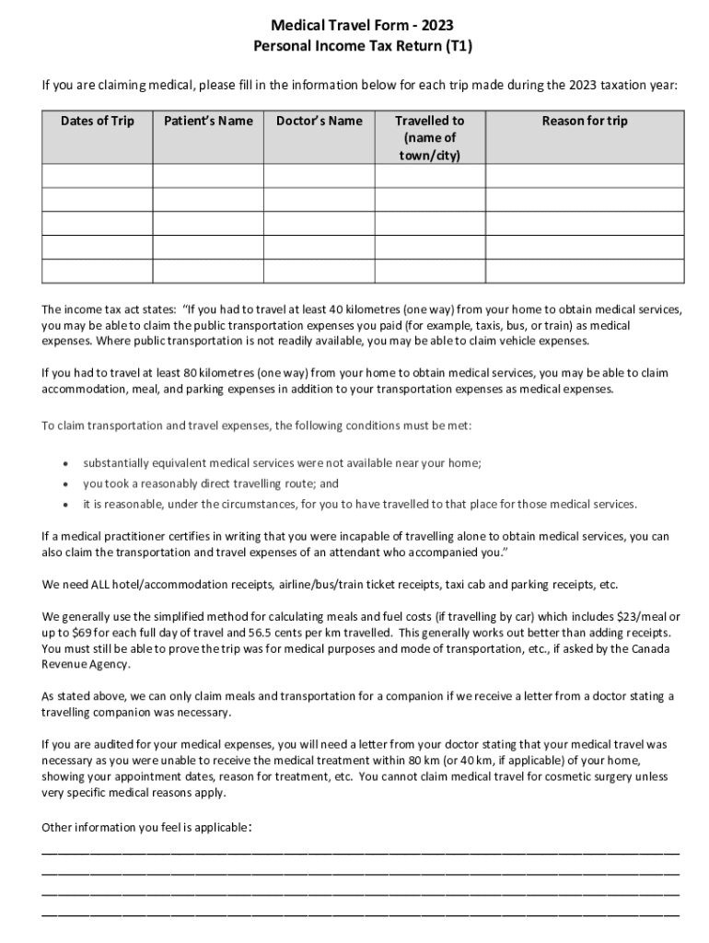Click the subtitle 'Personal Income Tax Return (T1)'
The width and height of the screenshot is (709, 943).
tap(354, 45)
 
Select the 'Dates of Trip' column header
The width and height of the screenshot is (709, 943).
tap(97, 121)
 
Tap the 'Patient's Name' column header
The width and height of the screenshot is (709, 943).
tap(208, 121)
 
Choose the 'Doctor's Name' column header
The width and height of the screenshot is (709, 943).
tap(320, 121)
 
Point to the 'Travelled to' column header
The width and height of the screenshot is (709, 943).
tap(429, 121)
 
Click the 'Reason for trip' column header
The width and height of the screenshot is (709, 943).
tap(585, 121)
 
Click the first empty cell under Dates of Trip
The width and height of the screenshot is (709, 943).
tap(97, 176)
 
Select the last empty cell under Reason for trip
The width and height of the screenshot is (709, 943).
tap(585, 271)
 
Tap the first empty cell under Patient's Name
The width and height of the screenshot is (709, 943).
tap(208, 176)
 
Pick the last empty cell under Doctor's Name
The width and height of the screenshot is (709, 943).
tap(320, 271)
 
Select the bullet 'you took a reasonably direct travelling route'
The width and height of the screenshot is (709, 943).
tap(211, 483)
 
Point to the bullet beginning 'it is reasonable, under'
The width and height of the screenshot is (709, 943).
tap(359, 504)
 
